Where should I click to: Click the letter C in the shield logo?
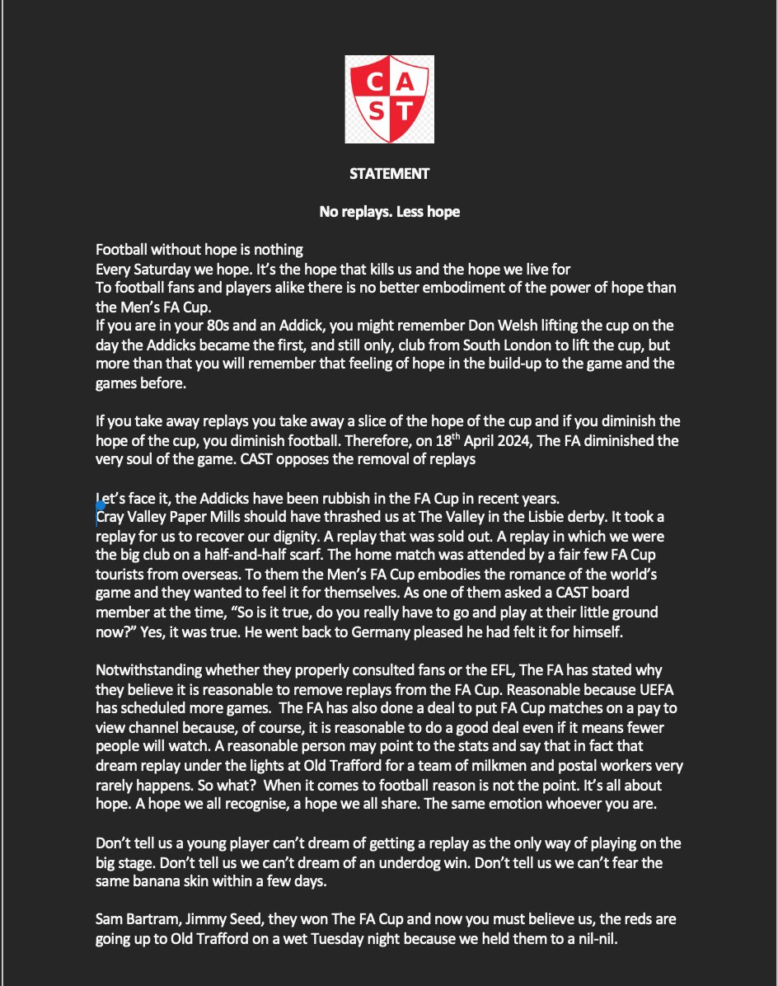tap(372, 82)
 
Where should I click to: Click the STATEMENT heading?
tap(389, 174)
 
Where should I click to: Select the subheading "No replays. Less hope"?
tap(389, 212)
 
